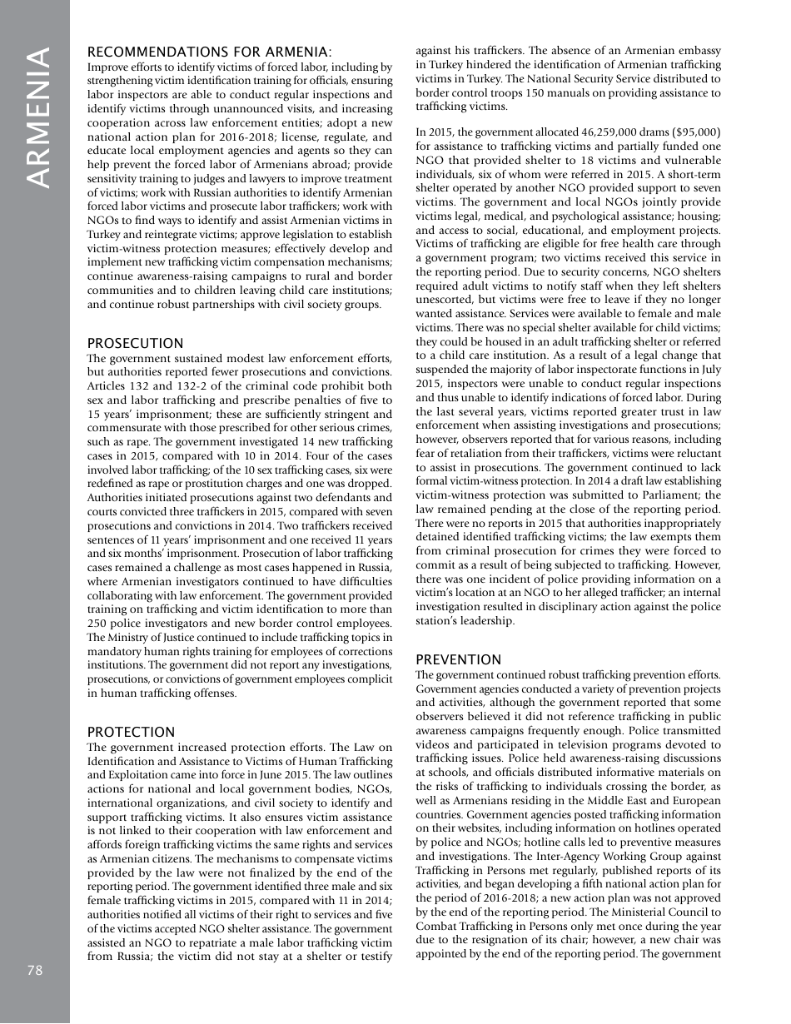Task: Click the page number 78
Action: point(33,971)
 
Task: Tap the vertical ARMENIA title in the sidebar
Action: point(37,117)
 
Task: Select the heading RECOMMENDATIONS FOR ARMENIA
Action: point(210,52)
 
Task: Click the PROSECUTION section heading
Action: point(135,343)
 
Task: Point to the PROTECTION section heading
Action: point(131,732)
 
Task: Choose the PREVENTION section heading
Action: point(458,659)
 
